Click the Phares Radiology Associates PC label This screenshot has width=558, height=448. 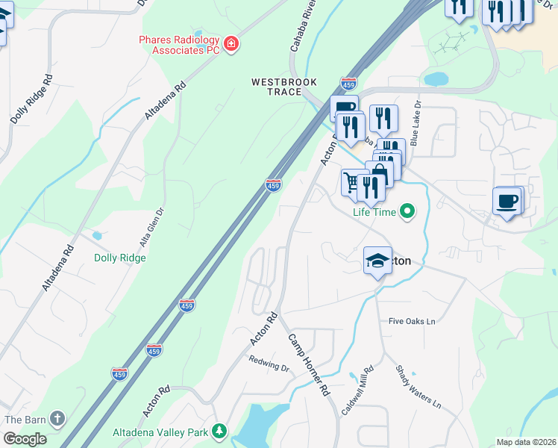point(181,45)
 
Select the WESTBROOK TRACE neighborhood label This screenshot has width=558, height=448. point(284,87)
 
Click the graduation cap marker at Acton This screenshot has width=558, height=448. point(377,261)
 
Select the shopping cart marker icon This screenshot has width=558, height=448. point(351,182)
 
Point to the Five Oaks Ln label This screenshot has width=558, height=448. point(411,321)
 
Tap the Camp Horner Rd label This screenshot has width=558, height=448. point(309,364)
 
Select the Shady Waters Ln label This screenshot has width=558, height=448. point(418,386)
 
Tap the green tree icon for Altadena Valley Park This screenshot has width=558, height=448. point(219,431)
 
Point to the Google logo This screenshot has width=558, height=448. point(25,439)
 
